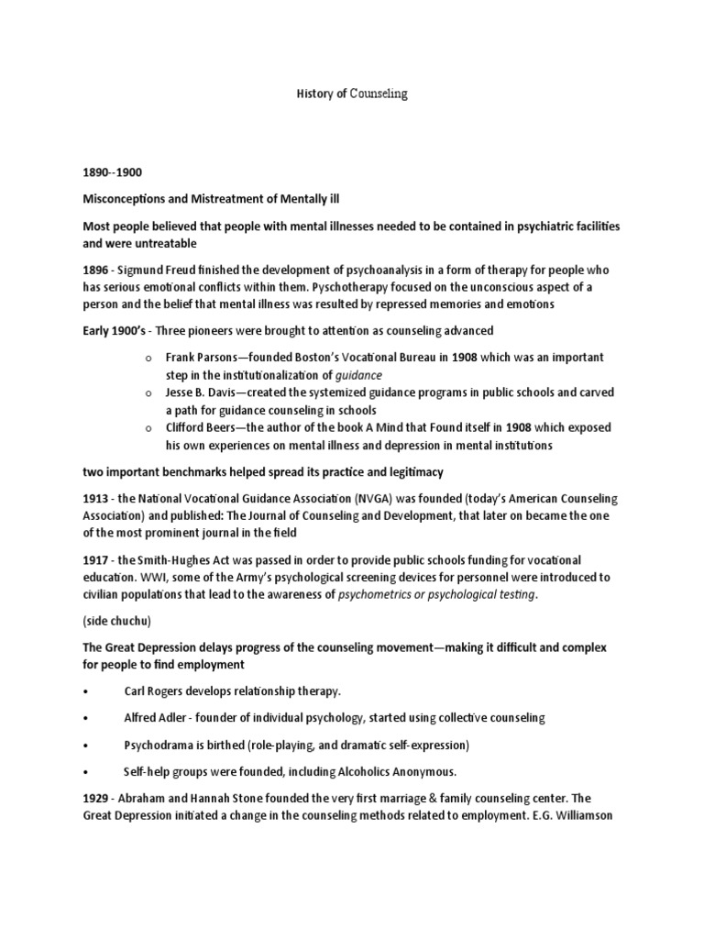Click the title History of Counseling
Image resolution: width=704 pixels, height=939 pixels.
[x=352, y=94]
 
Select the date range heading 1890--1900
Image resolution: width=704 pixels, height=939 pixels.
[x=112, y=171]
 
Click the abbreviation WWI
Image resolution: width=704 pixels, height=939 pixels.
[x=175, y=578]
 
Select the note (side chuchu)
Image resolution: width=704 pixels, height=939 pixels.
[x=117, y=621]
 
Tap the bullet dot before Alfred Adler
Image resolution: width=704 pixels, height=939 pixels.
[x=85, y=717]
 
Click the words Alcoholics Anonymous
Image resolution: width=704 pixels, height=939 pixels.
[x=402, y=770]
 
